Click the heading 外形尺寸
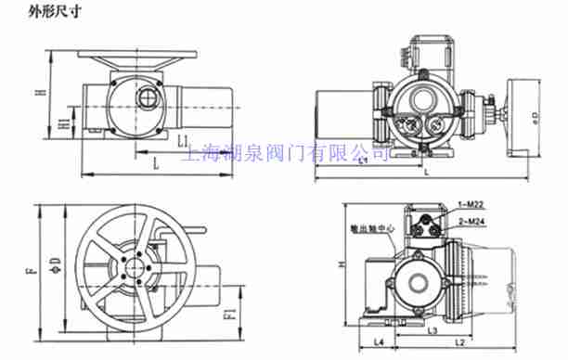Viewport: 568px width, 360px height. (29, 11)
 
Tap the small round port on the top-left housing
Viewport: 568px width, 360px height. (146, 96)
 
